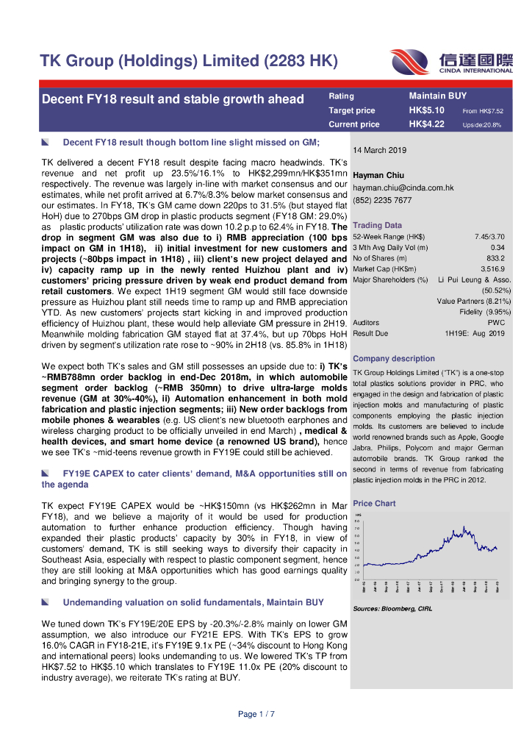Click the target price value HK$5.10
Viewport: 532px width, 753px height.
426,110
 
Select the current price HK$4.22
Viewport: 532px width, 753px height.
426,124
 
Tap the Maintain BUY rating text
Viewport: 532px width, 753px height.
438,96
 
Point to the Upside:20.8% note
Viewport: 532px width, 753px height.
482,125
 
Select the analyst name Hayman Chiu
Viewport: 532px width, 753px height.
377,175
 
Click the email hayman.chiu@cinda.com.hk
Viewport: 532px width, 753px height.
403,188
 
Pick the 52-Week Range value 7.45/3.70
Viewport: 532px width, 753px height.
489,237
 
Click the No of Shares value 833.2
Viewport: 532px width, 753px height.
495,258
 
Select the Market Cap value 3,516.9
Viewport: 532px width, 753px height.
492,269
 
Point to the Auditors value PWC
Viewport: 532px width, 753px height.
496,323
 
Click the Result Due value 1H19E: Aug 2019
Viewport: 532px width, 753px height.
475,334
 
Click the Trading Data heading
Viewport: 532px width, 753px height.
377,225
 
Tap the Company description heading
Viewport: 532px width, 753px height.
394,359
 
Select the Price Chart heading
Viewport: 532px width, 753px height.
374,504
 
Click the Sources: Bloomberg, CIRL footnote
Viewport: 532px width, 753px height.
392,609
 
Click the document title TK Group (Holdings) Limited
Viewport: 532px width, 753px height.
188,61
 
